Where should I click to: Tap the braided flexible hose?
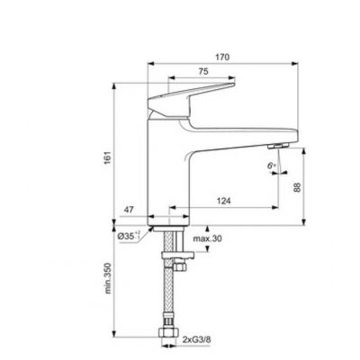pyautogui.click(x=168, y=297)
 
